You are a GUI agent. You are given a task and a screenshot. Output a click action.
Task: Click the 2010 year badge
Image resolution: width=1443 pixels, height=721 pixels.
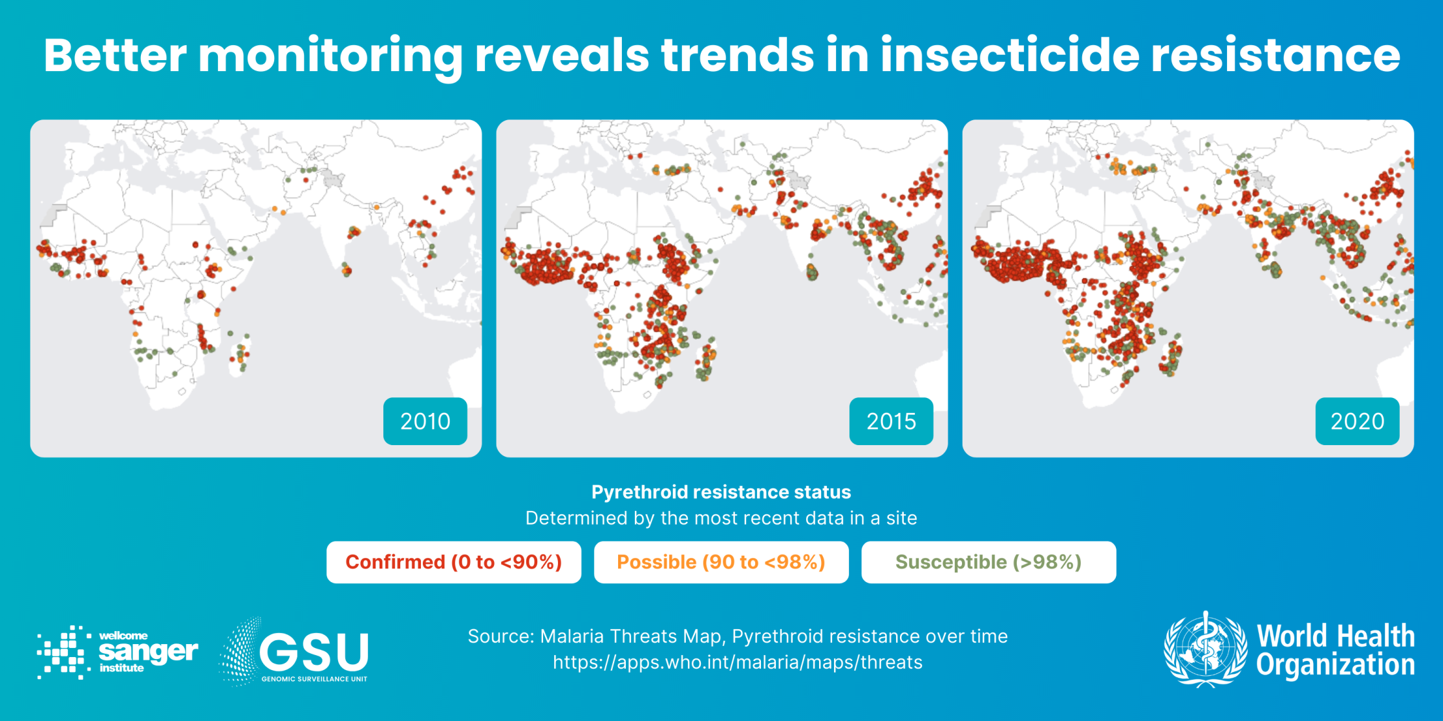coord(425,421)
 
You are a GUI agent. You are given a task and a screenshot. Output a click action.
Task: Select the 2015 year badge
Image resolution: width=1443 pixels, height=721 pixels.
coord(891,421)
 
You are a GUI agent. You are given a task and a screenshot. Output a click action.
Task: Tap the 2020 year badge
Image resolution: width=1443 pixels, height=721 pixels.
coord(1357,421)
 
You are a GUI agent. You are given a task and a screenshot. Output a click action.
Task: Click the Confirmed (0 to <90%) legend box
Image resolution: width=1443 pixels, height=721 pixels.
coord(453,562)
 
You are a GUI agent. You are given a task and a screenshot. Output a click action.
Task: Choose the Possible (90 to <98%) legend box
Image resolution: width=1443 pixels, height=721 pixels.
coord(721,562)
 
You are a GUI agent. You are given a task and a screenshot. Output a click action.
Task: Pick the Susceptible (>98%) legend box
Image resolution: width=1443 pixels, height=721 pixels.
coord(988,562)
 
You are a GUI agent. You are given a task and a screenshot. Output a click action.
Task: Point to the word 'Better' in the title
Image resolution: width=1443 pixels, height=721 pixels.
coord(115,56)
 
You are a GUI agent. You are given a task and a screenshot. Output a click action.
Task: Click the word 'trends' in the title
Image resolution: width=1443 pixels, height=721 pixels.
coord(738,56)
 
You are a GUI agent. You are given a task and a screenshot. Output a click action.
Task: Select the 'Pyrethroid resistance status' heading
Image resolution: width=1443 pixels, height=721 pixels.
coord(721,492)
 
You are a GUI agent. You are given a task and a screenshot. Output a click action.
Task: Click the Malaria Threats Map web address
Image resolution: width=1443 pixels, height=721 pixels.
coord(737,662)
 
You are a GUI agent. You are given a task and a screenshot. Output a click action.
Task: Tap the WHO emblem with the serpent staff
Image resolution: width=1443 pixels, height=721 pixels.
coord(1205,649)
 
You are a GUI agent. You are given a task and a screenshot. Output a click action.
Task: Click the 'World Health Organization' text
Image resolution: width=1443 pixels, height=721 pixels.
coord(1335,650)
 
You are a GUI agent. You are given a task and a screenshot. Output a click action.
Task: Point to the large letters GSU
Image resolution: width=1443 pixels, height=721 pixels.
coord(314,651)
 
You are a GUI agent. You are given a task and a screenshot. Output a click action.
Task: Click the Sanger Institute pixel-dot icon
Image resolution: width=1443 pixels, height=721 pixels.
coord(63,652)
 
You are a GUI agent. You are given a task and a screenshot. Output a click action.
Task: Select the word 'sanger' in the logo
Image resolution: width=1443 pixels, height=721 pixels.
coord(148,651)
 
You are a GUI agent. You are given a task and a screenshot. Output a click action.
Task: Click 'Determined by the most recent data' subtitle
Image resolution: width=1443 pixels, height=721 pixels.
coord(721,518)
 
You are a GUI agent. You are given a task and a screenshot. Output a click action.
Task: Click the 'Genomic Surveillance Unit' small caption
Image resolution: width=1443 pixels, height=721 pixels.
coord(314,679)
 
